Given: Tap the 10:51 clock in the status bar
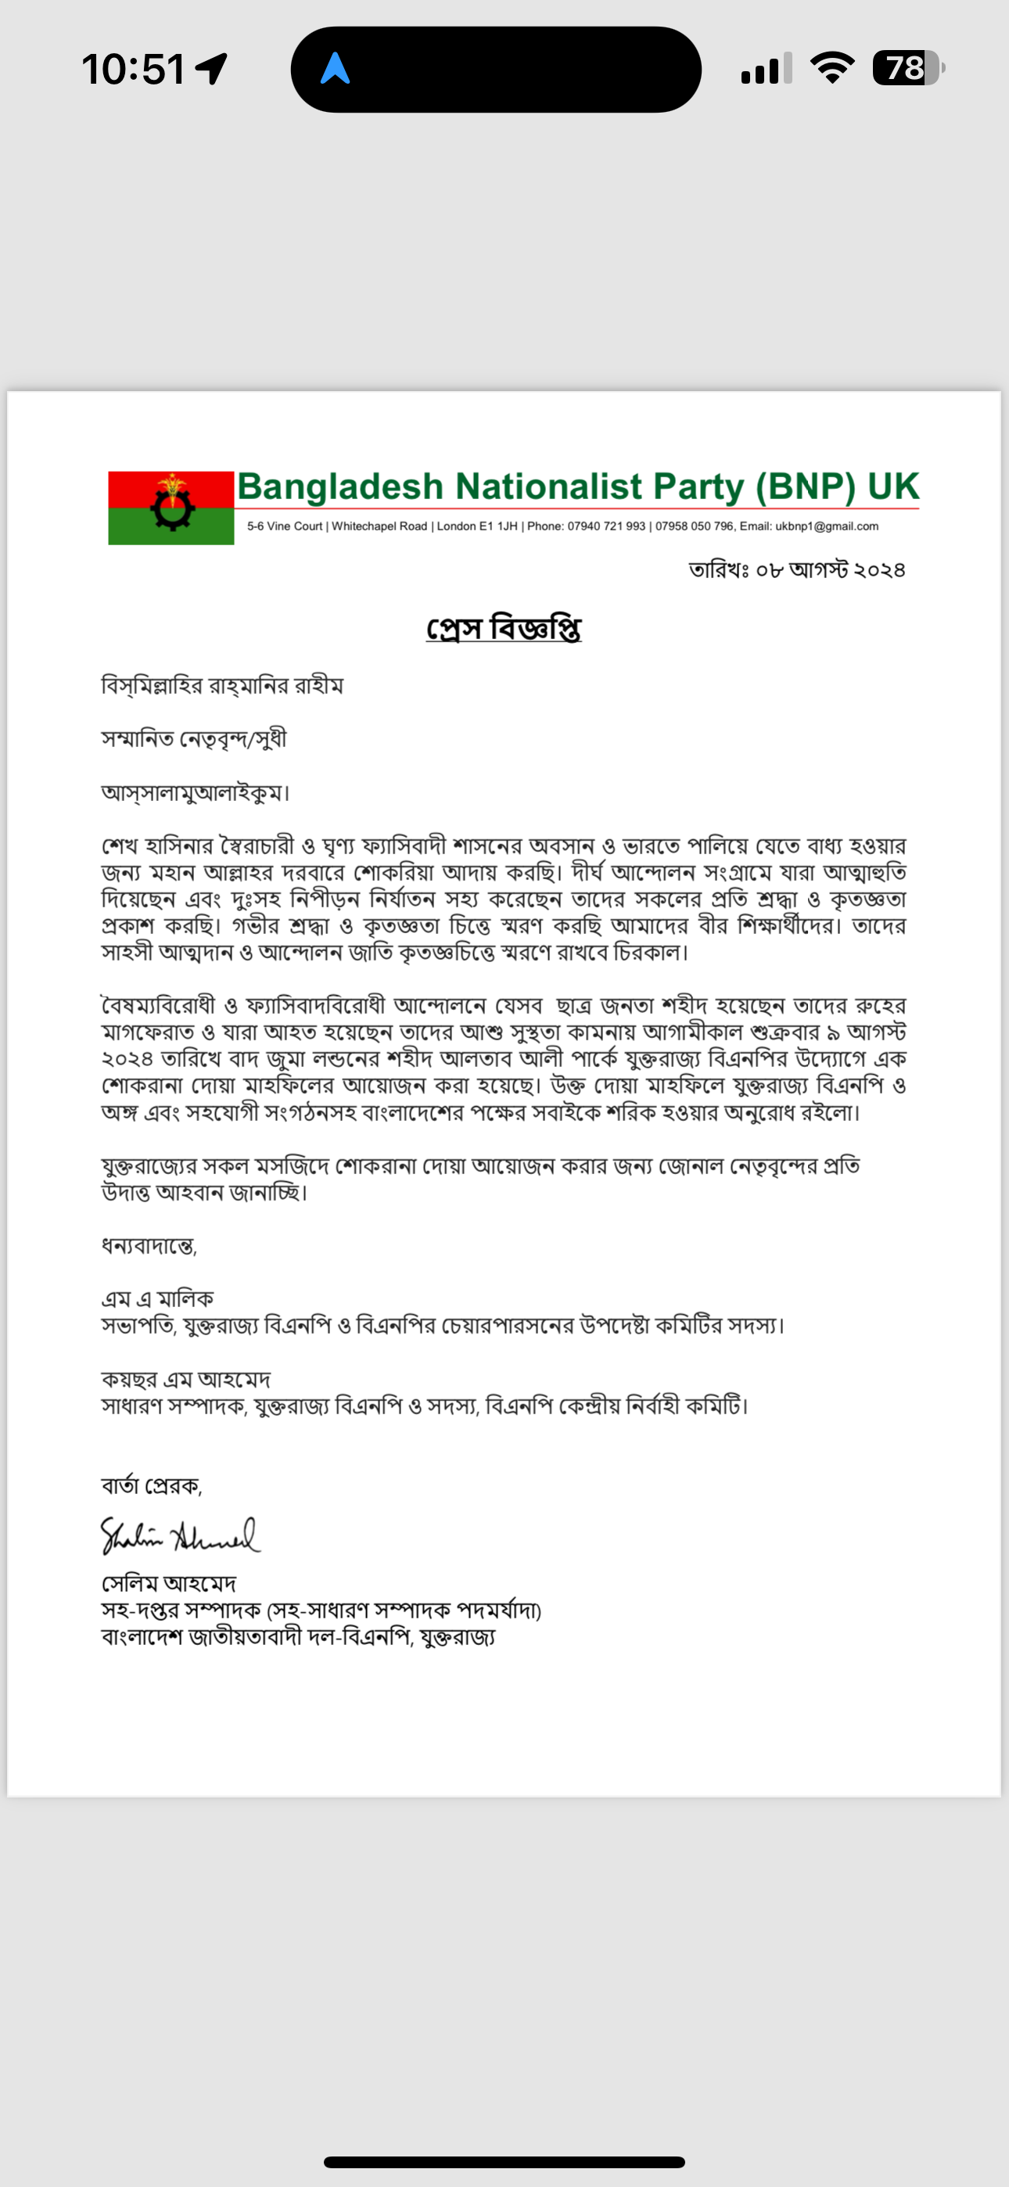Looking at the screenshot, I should point(133,69).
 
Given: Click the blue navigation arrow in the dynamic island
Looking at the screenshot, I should point(336,69).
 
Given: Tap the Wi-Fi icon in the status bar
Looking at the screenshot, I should point(832,68).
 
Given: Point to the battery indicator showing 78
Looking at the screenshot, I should point(907,68).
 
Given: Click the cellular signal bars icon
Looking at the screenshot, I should point(766,69).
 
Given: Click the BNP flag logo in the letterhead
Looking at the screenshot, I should point(171,508).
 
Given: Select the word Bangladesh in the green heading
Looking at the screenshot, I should point(339,487).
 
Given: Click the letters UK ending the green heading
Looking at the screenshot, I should point(892,487).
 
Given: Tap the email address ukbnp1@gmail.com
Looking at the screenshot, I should point(827,526).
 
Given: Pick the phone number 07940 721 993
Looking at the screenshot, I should point(606,526).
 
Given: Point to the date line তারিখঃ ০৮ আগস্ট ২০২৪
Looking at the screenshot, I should point(797,569).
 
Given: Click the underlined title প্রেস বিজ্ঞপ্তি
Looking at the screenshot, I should point(504,629).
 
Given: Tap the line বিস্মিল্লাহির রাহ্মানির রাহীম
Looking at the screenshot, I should point(221,686).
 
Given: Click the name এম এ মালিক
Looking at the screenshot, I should point(157,1299).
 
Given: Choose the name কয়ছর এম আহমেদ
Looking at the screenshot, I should point(185,1380).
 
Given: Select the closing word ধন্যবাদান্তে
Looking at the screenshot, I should point(149,1246).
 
